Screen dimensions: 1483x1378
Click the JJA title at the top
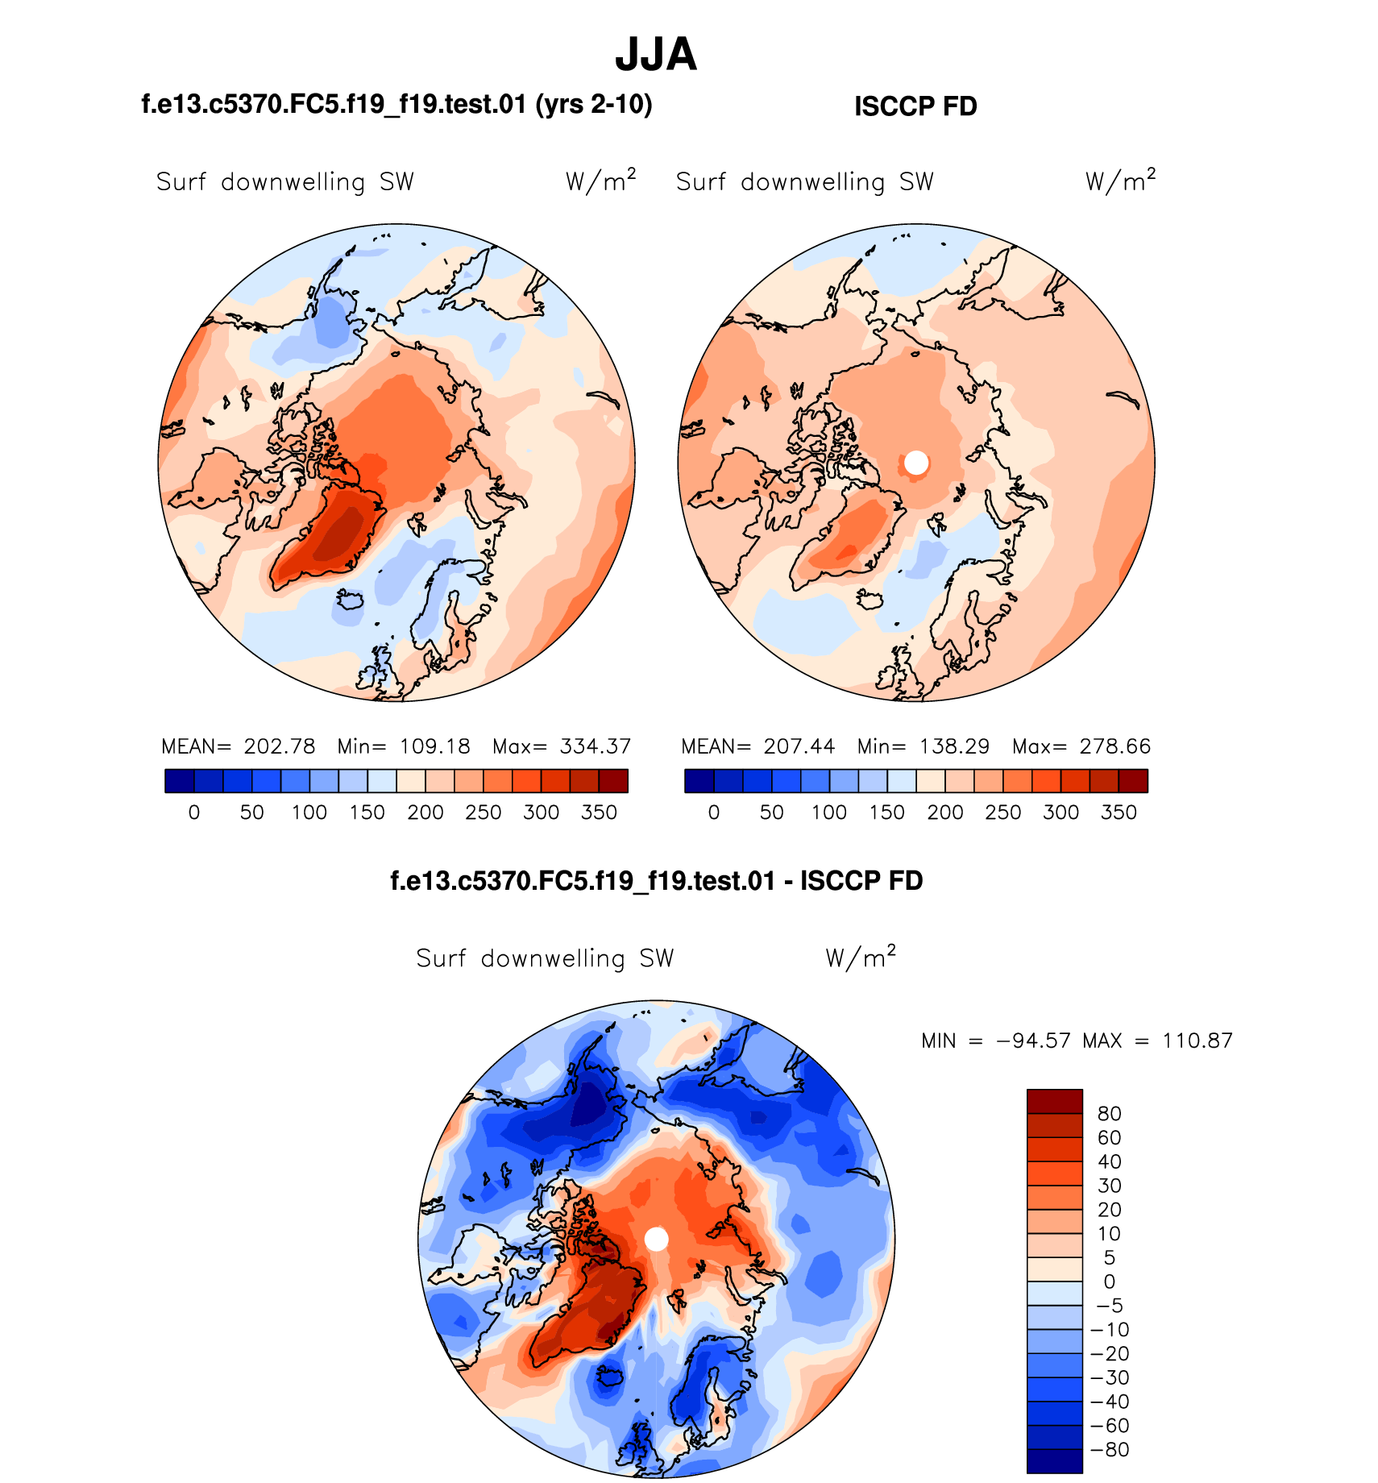click(x=656, y=55)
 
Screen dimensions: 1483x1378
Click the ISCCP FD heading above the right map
click(x=915, y=106)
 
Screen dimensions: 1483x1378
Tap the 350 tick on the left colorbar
click(x=599, y=812)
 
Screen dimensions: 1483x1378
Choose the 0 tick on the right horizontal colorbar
click(x=714, y=812)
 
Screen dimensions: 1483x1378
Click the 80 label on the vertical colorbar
click(x=1110, y=1114)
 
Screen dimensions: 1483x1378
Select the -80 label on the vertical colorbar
click(x=1110, y=1449)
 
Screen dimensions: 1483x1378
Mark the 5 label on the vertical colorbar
click(x=1110, y=1257)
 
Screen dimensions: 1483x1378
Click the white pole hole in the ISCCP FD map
click(x=916, y=463)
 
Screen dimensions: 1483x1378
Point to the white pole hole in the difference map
click(x=657, y=1239)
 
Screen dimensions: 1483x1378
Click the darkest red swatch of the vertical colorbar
click(x=1054, y=1101)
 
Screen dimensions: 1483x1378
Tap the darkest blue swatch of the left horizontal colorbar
click(x=179, y=781)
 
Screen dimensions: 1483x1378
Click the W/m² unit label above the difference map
click(x=861, y=957)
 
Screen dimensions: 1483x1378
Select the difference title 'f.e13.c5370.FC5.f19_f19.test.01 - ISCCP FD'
click(x=656, y=881)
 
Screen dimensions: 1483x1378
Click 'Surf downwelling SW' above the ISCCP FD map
click(x=804, y=182)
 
